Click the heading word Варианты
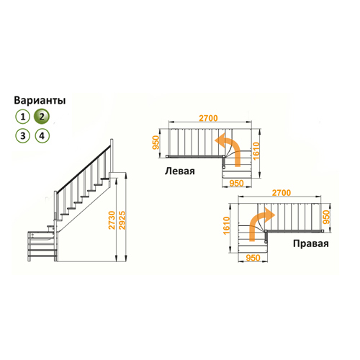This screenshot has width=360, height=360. coord(40,100)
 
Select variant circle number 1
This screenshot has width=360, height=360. coord(23,117)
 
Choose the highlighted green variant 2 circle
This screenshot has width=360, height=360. coord(42,117)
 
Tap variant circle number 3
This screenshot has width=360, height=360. coord(23,136)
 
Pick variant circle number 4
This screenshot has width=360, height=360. coord(42,136)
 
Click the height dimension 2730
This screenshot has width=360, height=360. coord(112,220)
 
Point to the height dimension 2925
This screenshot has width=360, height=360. coord(122,220)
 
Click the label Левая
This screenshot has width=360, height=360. coord(180,171)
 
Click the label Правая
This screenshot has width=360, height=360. coord(311,243)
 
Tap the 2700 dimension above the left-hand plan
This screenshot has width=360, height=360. coord(208,118)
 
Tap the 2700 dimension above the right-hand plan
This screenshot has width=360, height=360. coord(282,193)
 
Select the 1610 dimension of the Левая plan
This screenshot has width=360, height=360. coord(256,151)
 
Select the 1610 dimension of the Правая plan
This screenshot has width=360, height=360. coord(227,225)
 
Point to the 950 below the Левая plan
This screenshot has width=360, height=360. coord(236,184)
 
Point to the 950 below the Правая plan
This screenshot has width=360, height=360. coord(253,258)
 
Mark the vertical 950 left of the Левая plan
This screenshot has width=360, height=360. coord(156,143)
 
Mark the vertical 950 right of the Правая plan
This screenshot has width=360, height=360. coord(327,217)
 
